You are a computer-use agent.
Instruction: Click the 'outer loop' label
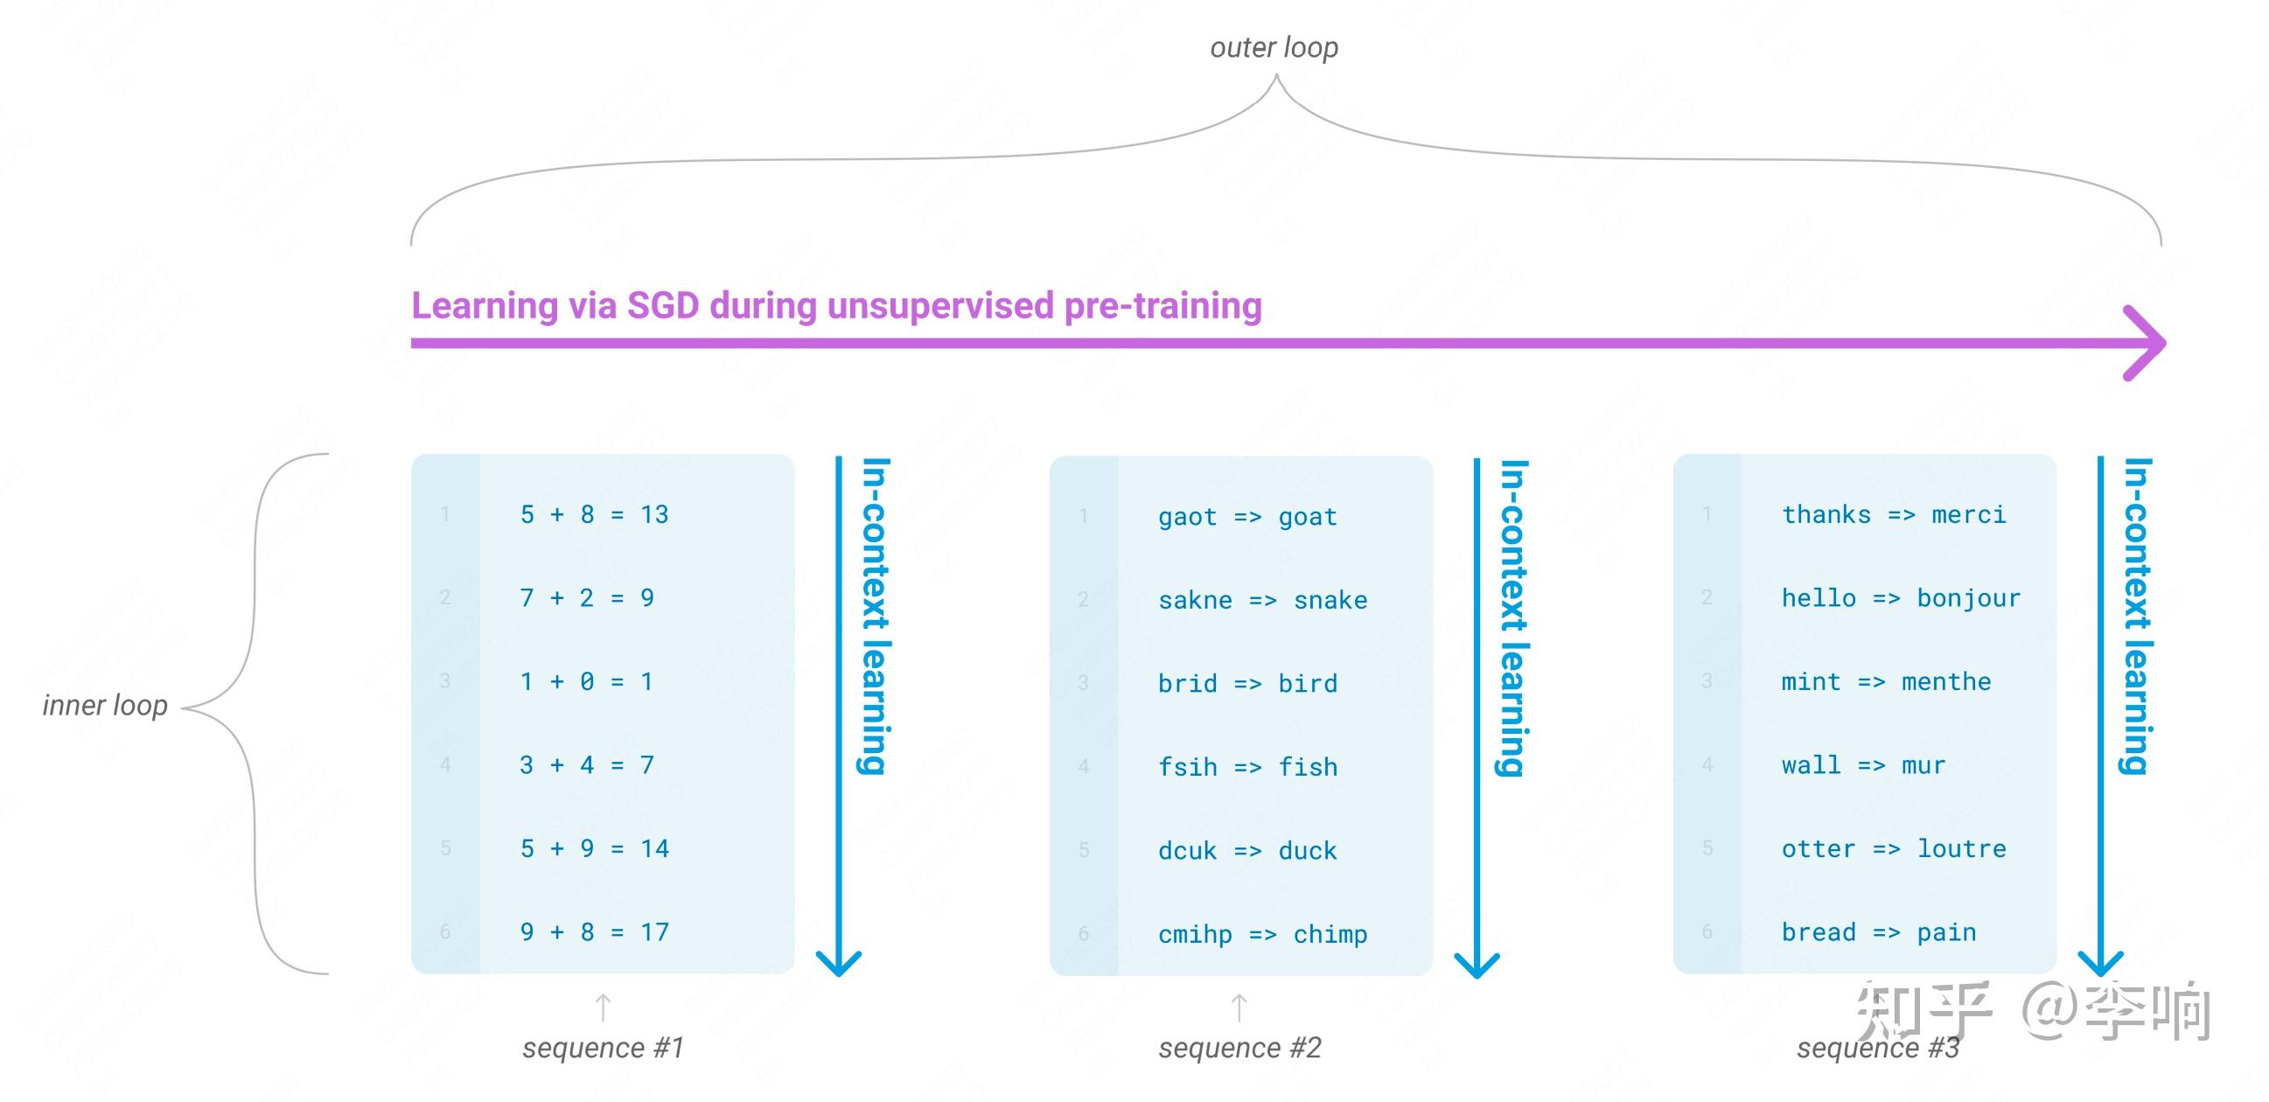tap(1274, 47)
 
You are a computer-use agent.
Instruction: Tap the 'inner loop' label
tap(105, 706)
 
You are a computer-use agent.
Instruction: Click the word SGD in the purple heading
tap(663, 305)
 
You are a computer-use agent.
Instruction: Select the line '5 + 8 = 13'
tap(595, 514)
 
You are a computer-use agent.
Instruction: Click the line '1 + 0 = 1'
tap(586, 682)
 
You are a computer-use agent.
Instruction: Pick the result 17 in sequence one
tap(654, 932)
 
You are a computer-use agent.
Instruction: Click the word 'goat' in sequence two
tap(1308, 517)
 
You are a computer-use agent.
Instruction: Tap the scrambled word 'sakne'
tap(1195, 601)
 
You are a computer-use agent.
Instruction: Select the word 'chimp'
tap(1330, 935)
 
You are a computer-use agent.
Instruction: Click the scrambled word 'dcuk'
tap(1187, 851)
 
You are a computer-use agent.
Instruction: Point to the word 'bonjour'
tap(1969, 599)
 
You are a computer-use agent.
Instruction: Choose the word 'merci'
tap(1969, 515)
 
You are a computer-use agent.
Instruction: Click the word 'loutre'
tap(1962, 849)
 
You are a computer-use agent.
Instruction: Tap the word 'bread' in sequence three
tap(1819, 933)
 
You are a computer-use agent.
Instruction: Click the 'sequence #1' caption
tap(604, 1049)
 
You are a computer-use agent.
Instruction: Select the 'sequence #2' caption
tap(1240, 1049)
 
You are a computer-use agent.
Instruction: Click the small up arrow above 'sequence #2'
tap(1239, 1008)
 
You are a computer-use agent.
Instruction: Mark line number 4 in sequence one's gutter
tap(445, 764)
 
